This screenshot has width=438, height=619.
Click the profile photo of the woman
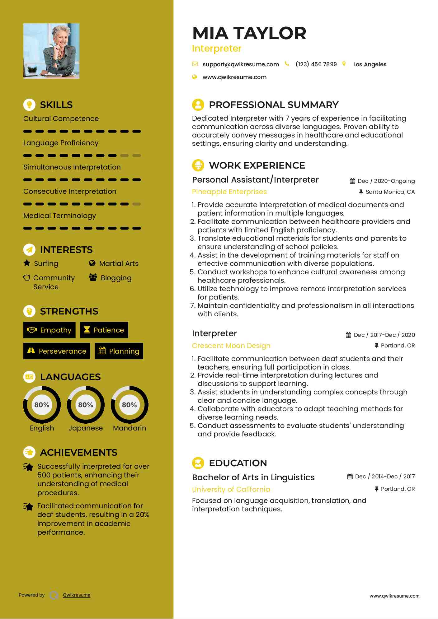[51, 51]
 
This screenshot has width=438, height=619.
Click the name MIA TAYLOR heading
[249, 33]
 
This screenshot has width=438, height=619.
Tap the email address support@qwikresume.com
[240, 64]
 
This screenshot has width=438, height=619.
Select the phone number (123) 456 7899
[316, 64]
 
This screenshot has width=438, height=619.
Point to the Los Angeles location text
[370, 64]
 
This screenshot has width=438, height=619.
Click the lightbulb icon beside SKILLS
[29, 105]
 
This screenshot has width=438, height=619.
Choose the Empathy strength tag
[49, 330]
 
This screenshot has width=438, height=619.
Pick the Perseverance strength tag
[57, 351]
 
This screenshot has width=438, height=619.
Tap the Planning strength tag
[119, 351]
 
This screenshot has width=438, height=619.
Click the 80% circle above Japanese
[86, 405]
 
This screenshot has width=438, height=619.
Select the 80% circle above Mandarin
[130, 405]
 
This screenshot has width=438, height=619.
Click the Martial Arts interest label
[119, 263]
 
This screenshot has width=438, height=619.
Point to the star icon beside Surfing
[27, 263]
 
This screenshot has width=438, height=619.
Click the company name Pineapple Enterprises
[229, 192]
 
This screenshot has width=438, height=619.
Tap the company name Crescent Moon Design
[231, 346]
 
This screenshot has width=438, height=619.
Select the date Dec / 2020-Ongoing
[386, 181]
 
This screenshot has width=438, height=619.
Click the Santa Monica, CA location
[390, 192]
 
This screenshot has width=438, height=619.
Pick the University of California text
[231, 489]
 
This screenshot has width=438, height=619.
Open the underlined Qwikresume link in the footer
[77, 595]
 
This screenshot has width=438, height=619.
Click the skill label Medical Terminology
[59, 216]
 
